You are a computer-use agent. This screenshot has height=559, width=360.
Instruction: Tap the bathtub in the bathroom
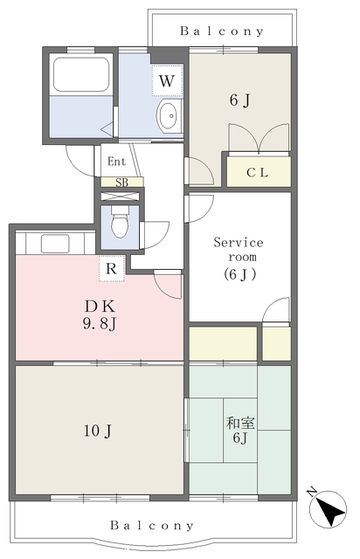[x=81, y=74]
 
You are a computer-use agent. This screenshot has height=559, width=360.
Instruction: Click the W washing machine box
[x=167, y=80]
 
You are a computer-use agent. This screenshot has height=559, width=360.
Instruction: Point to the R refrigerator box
[x=112, y=268]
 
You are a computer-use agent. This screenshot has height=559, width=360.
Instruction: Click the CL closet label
[x=257, y=173]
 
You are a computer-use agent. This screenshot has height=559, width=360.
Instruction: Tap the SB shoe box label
[x=121, y=183]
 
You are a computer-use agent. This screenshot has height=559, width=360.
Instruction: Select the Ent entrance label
[x=117, y=162]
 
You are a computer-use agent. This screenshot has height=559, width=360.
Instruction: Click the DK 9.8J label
[x=100, y=314]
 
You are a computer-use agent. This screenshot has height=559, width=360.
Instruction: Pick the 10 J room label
[x=98, y=431]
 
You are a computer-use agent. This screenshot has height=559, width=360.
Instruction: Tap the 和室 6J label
[x=240, y=430]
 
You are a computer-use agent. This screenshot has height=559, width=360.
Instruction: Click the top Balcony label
[x=222, y=31]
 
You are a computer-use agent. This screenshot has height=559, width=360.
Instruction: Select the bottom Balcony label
[x=152, y=525]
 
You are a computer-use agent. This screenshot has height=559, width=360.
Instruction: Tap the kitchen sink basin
[x=55, y=244]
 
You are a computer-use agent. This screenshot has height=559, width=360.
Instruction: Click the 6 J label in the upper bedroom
[x=239, y=100]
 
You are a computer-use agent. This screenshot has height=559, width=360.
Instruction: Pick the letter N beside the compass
[x=311, y=492]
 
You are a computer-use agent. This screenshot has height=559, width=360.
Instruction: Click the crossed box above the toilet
[x=120, y=196]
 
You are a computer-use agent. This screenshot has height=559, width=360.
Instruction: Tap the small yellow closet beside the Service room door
[x=276, y=343]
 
